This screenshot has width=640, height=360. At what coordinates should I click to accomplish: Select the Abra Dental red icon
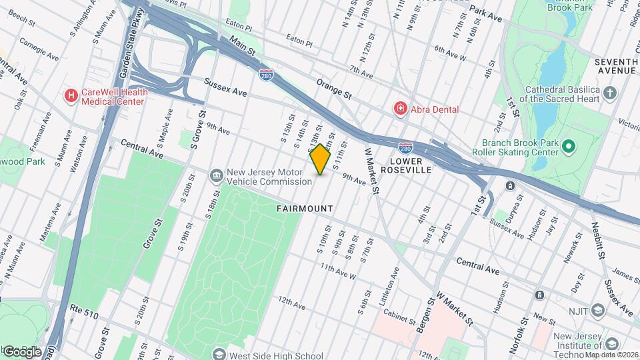coord(400,107)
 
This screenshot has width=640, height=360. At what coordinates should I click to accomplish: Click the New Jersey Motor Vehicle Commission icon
coord(217,176)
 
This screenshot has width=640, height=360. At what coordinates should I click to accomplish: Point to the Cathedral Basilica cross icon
coord(610,91)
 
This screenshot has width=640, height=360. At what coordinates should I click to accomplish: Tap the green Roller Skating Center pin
coord(568,146)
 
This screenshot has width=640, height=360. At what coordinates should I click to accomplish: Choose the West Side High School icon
coord(218,355)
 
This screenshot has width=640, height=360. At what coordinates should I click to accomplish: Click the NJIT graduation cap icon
coord(597,311)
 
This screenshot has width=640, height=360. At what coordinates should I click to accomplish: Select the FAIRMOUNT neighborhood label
coord(305,209)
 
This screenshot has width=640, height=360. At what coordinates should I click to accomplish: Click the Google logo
coord(22,351)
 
